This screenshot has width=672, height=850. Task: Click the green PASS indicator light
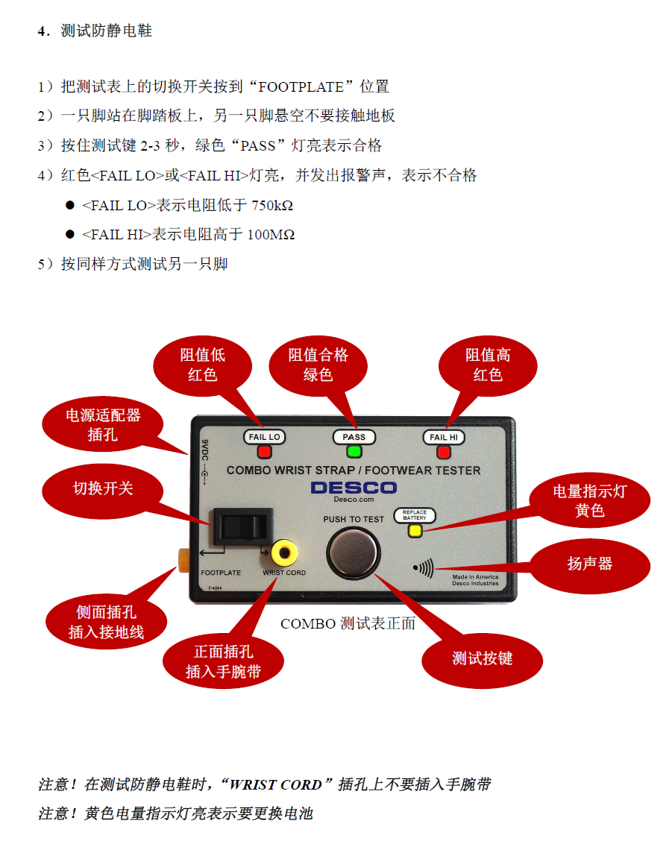(354, 451)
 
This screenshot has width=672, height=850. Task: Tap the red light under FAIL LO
(264, 451)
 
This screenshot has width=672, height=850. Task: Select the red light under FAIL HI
(445, 451)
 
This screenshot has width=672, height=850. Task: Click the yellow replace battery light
(415, 531)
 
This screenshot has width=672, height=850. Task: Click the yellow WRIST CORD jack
(284, 552)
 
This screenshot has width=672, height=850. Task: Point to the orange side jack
(181, 556)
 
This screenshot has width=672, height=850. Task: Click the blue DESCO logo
(354, 488)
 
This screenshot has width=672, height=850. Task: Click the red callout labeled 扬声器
(589, 564)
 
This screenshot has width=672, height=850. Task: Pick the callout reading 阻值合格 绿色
(318, 365)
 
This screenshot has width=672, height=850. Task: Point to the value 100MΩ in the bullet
(270, 235)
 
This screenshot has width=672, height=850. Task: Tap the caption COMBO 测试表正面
(348, 623)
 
